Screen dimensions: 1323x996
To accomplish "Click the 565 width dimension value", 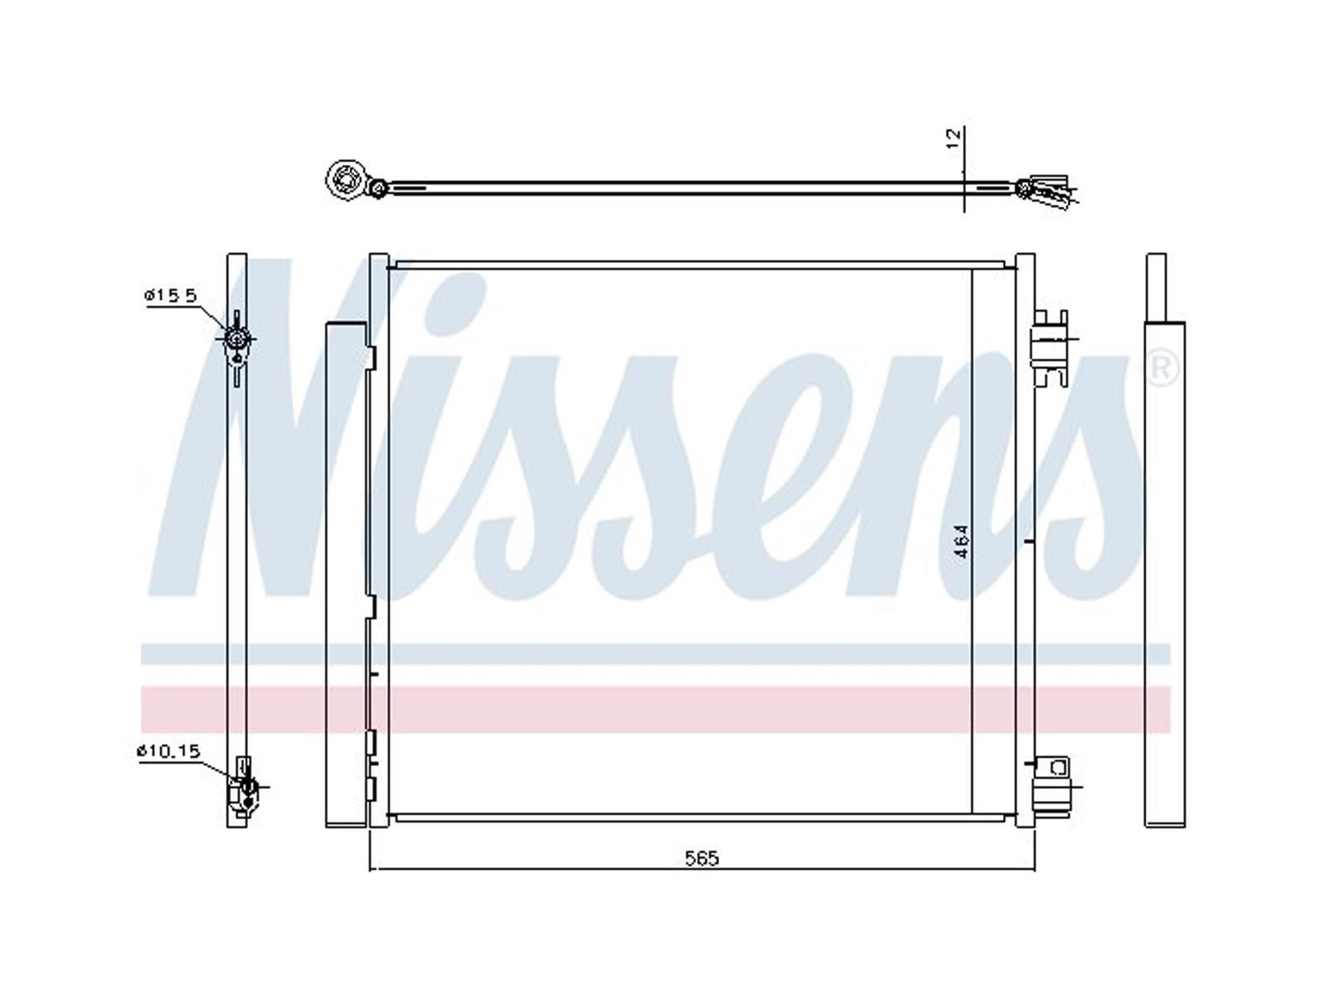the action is (x=702, y=857).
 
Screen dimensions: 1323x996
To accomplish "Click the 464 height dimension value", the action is (x=962, y=541).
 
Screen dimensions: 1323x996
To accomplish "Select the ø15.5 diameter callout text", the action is (x=170, y=295).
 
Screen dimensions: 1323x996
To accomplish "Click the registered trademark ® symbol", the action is (x=1163, y=368).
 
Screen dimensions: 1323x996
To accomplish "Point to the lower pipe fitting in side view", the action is (x=245, y=786).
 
